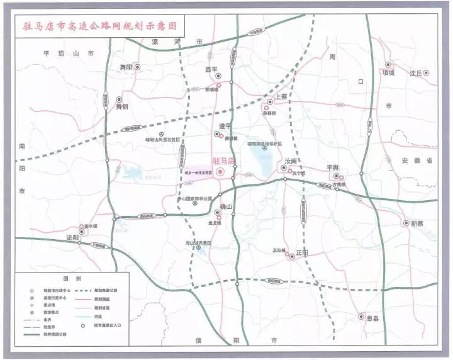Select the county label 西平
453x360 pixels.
(211, 70)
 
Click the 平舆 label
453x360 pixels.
(332, 167)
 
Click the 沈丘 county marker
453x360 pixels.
(426, 73)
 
